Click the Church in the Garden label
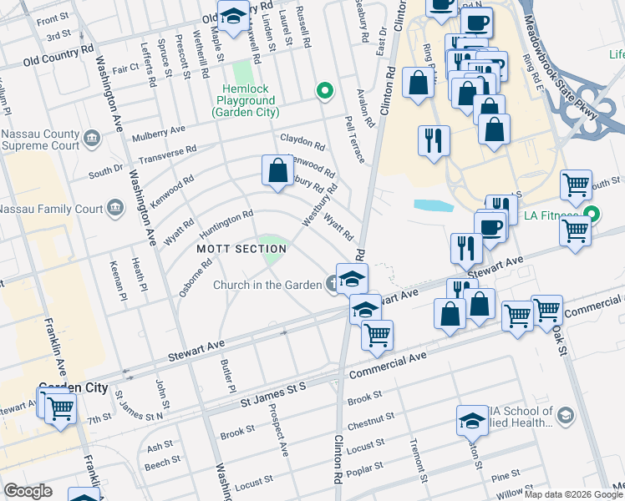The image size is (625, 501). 267,286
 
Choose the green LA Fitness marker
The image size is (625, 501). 592,215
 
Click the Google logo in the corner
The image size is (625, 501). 28,491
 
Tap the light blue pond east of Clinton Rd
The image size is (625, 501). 433,205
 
